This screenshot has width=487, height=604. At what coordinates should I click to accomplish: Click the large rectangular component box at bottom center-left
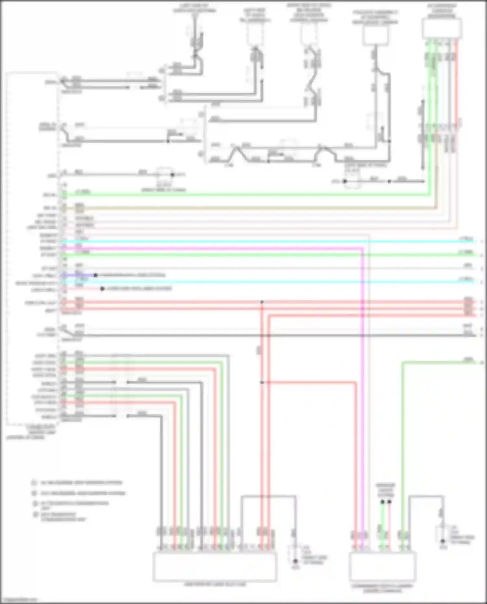coord(215,567)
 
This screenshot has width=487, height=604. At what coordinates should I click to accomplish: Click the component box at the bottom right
coord(382,567)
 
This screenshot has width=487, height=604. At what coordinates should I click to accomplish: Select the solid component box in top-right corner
coord(442,29)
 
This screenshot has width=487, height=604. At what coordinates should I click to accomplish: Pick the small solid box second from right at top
coord(376,35)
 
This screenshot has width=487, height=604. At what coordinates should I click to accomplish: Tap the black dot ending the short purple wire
coord(95,275)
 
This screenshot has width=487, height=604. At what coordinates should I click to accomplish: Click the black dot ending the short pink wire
coord(102,289)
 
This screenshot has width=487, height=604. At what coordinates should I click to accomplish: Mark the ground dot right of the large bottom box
coord(295,561)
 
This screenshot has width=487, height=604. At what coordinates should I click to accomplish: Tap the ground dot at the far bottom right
coord(443,541)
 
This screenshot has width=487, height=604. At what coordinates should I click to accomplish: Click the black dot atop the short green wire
coord(382,502)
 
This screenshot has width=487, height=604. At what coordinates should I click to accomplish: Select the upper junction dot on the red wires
coord(262,302)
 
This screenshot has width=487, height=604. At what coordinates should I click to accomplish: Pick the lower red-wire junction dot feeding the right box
coord(262,382)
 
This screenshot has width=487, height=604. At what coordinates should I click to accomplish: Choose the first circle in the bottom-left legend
coord(33,483)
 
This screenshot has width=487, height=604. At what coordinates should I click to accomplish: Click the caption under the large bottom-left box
coord(215,584)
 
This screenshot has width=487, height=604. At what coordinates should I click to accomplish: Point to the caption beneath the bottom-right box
coord(382,588)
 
